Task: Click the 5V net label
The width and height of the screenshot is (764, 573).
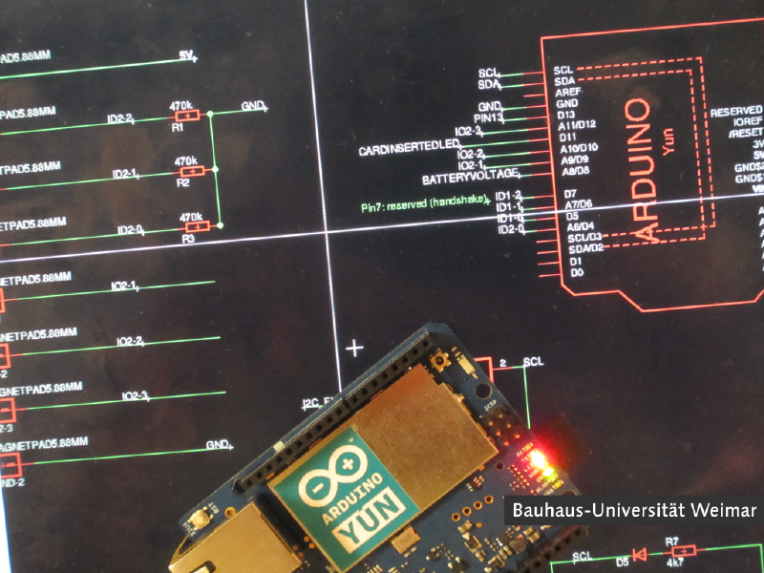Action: click(187, 56)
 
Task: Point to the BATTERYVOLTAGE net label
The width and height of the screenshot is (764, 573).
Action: click(471, 179)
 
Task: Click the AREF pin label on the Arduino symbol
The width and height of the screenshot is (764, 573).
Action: click(565, 92)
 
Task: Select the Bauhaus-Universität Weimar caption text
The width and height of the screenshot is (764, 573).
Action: click(633, 511)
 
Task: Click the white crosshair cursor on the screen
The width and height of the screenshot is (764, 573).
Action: click(354, 348)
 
